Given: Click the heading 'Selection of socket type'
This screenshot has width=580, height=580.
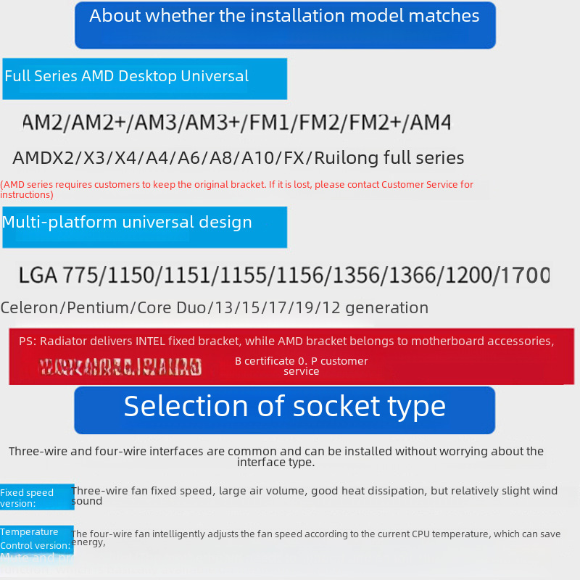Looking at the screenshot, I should click(x=284, y=407).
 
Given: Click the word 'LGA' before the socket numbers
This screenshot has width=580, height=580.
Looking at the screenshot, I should click(x=38, y=275).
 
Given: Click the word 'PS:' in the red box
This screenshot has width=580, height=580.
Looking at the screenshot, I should click(x=27, y=341).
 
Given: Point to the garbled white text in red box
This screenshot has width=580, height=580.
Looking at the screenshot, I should click(x=120, y=368).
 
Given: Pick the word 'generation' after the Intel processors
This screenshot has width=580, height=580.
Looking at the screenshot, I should click(x=386, y=307).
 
